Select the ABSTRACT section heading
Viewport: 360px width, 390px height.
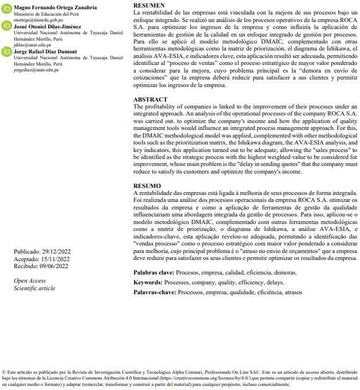tap(150, 100)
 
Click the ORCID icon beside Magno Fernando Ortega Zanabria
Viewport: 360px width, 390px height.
tap(6, 9)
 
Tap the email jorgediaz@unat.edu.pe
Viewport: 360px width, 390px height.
tap(36, 70)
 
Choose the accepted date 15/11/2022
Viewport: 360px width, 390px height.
tap(56, 259)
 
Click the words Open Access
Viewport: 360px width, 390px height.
tap(30, 281)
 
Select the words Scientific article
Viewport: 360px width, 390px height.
tap(34, 288)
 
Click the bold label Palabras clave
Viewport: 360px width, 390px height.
tap(154, 272)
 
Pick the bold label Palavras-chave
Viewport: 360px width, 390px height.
tap(154, 292)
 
